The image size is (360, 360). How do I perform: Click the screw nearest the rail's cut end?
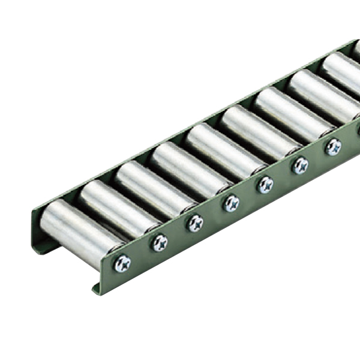(x=122, y=263)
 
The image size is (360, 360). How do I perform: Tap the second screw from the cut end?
(x=160, y=242)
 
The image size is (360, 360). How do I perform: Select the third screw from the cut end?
(x=195, y=223)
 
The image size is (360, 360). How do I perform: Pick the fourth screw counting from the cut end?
(x=231, y=204)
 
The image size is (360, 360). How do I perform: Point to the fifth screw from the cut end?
(x=265, y=184)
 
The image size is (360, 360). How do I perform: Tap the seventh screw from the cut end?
(x=333, y=146)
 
